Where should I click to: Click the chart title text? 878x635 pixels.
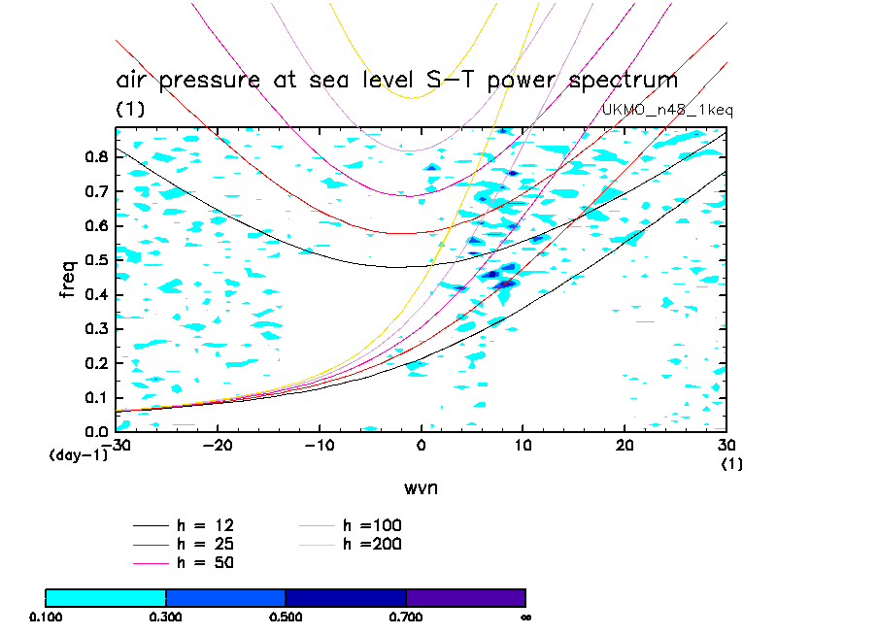tap(396, 80)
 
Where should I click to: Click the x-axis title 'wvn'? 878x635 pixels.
tap(421, 487)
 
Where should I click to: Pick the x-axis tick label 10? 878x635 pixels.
tap(523, 445)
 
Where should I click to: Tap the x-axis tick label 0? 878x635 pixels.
tap(422, 445)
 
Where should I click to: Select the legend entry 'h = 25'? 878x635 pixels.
tap(205, 544)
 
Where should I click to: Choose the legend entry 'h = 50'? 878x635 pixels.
tap(205, 562)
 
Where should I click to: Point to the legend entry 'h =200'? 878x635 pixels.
tap(372, 544)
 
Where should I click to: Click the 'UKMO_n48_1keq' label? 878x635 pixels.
tap(667, 110)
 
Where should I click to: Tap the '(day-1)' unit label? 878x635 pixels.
tap(78, 454)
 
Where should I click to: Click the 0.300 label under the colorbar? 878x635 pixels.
tap(166, 617)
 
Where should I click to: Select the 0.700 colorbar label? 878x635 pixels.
tap(406, 617)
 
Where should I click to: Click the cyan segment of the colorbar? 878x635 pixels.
tap(106, 597)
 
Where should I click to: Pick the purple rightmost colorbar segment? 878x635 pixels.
tap(465, 597)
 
